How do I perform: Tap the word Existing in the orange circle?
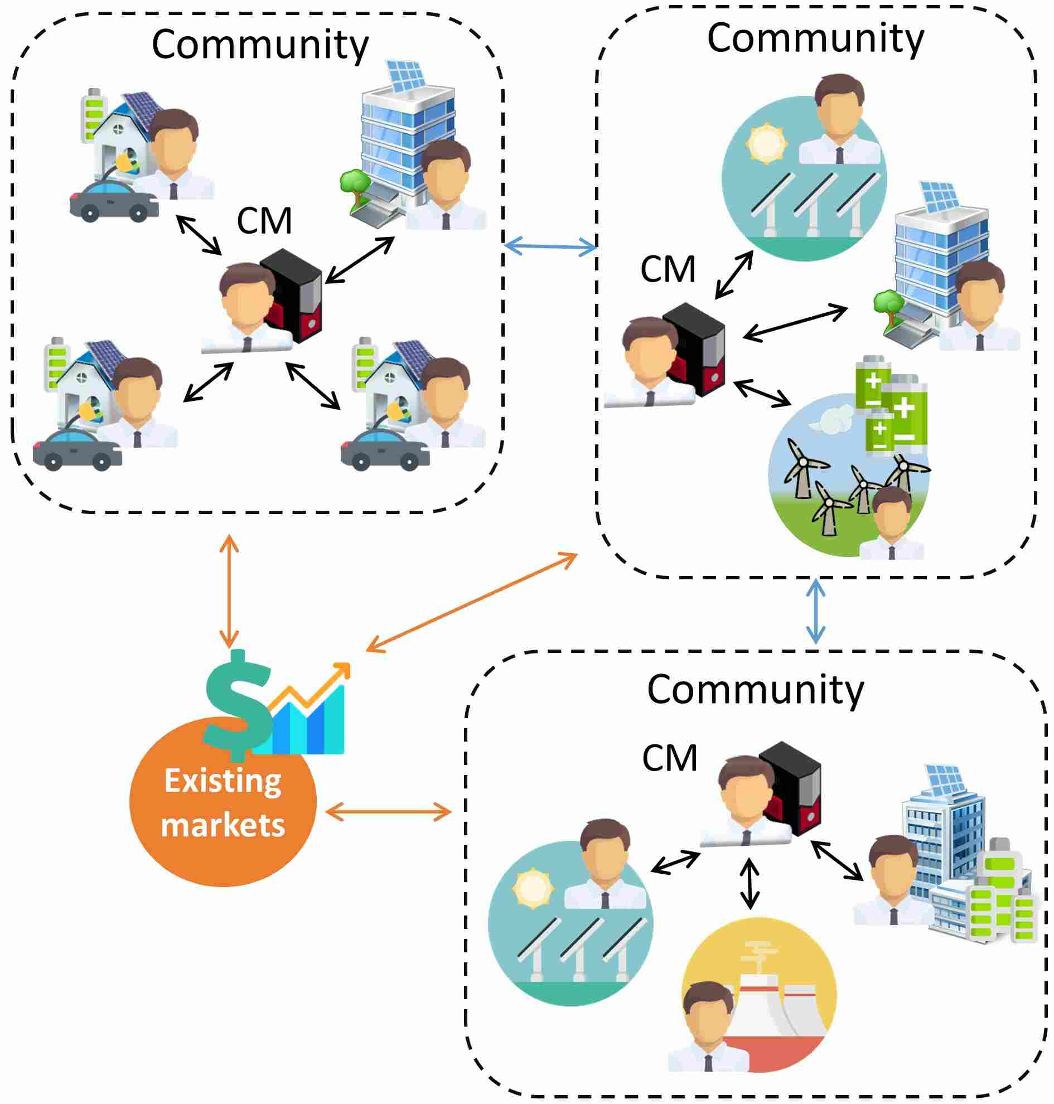(x=223, y=782)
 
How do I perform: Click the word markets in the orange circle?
(x=223, y=825)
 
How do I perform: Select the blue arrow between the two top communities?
(x=550, y=245)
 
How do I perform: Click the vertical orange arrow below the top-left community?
(x=229, y=592)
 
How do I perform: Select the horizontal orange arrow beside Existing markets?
(x=388, y=812)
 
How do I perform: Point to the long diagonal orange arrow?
(x=471, y=602)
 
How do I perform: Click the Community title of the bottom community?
(x=755, y=689)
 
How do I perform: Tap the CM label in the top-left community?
(x=264, y=221)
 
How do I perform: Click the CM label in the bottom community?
(x=669, y=758)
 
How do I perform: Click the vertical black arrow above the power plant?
(x=749, y=883)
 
